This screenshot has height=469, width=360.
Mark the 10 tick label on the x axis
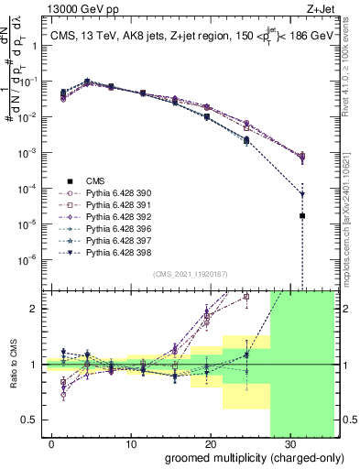pyautogui.click(x=131, y=443)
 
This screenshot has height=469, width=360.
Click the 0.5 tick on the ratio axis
pyautogui.click(x=32, y=420)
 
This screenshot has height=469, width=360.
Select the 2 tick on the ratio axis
pyautogui.click(x=37, y=309)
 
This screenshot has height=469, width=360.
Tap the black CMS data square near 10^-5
pyautogui.click(x=302, y=216)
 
